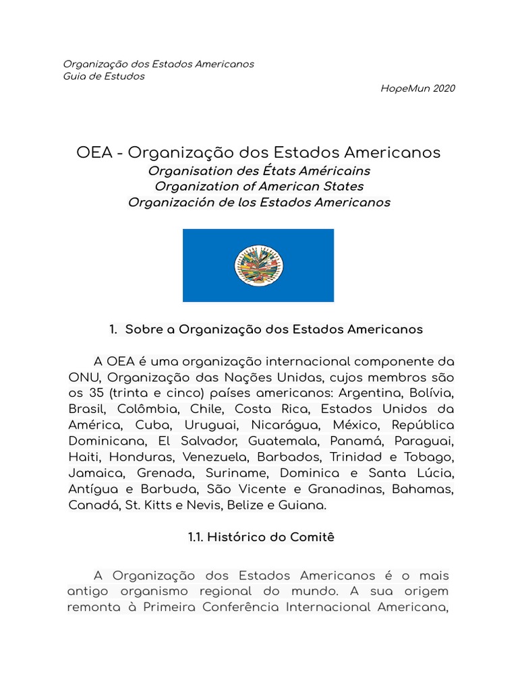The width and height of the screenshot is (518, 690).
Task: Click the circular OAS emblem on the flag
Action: (x=258, y=265)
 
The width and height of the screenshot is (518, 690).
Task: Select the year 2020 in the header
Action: (x=443, y=88)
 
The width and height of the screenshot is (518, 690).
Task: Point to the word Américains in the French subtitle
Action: (x=335, y=170)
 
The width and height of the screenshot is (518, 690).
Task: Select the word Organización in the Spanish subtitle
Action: (x=168, y=202)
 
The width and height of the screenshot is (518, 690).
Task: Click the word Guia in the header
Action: (x=75, y=76)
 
